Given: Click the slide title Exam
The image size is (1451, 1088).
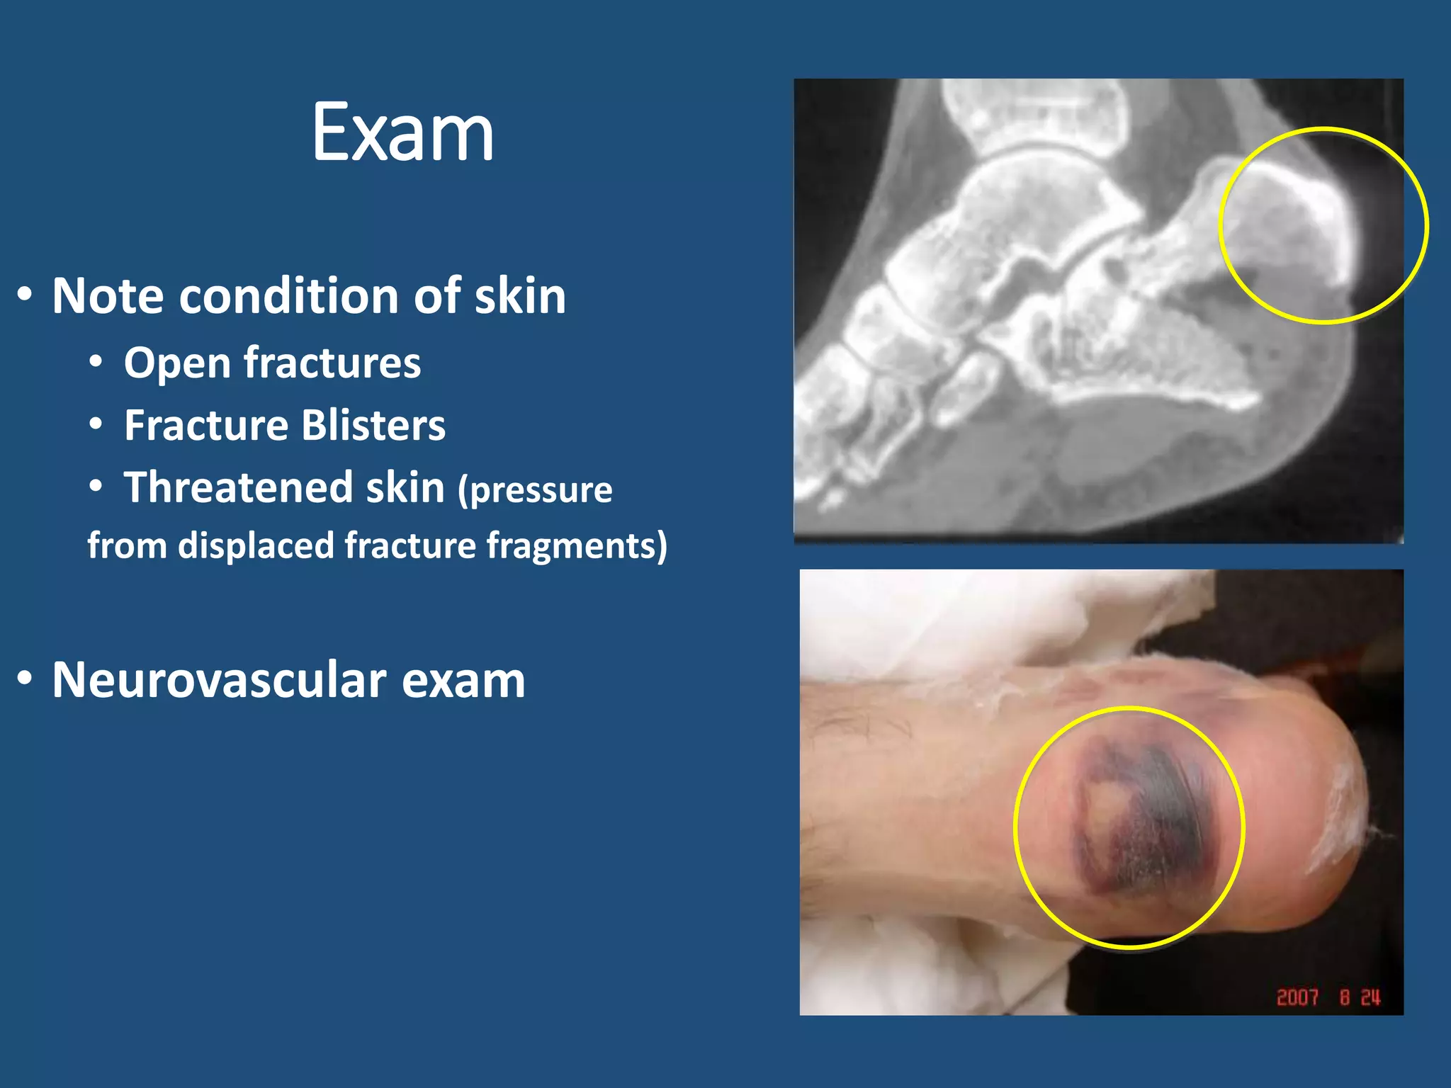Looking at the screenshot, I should [x=402, y=132].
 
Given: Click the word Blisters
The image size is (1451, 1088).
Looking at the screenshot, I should [x=373, y=426].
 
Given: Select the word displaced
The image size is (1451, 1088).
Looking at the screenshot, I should [x=256, y=546].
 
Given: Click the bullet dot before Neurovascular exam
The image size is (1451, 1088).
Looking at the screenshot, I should [x=25, y=679].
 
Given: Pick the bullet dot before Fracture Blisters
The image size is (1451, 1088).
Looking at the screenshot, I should [x=96, y=424].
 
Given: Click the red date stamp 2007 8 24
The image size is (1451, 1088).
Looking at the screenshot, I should [x=1328, y=997].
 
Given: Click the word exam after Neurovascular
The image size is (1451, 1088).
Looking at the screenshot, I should [x=463, y=681].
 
